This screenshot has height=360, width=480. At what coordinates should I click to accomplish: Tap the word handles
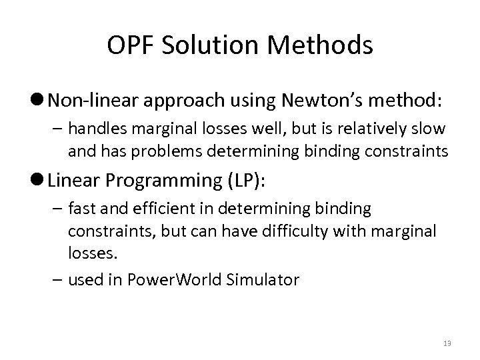91,128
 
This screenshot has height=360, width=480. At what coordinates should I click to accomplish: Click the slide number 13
446,343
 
